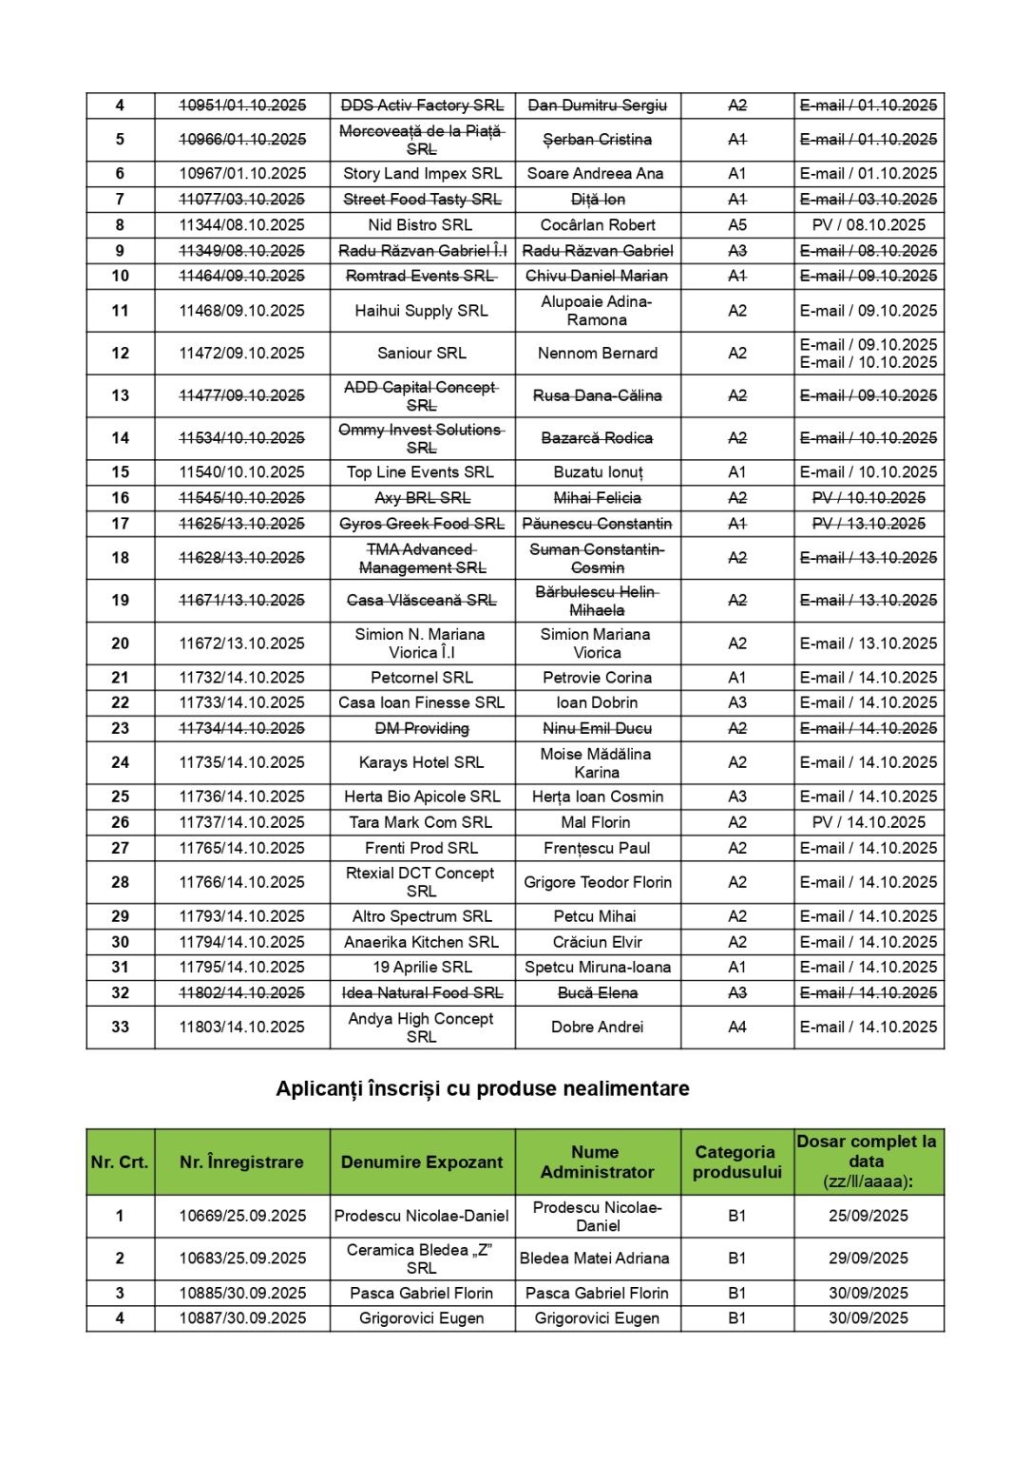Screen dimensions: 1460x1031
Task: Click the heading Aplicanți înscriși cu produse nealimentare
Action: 483,1088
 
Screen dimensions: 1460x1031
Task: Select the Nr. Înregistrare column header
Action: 241,1162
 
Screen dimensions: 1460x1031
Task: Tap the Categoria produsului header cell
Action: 736,1162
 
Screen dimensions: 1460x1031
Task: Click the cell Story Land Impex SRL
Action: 422,173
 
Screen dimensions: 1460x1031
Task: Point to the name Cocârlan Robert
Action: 598,225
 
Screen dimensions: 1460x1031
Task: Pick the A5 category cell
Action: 737,225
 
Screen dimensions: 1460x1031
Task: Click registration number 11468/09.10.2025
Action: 242,311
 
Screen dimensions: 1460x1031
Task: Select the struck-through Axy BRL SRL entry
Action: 422,498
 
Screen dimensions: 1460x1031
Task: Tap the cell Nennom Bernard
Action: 598,354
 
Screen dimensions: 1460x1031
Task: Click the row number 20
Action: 120,644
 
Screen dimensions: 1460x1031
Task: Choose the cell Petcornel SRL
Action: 422,678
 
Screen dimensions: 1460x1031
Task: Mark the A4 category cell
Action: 737,1027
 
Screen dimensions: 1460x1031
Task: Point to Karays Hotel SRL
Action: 422,762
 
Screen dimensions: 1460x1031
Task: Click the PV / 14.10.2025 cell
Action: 869,822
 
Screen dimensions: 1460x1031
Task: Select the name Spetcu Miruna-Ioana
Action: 598,967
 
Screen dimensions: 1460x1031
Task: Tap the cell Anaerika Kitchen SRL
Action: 422,942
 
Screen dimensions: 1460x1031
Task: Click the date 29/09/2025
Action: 869,1258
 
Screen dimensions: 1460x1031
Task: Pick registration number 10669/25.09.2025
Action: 242,1216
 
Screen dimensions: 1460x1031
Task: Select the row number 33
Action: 120,1027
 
